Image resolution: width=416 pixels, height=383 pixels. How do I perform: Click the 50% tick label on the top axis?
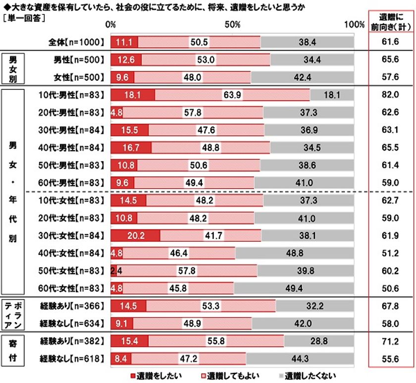point(232,25)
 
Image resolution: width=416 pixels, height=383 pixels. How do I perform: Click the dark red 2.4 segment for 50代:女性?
point(113,271)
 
